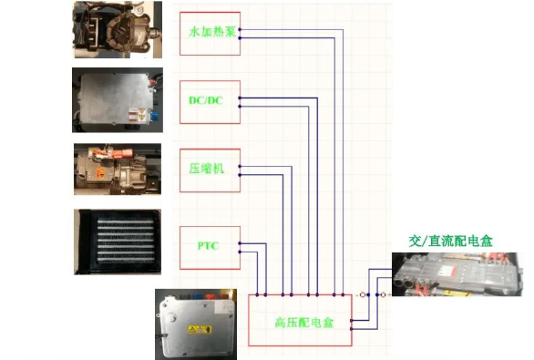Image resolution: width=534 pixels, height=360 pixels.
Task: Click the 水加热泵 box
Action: (210, 33)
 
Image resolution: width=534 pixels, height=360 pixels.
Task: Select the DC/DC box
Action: (210, 101)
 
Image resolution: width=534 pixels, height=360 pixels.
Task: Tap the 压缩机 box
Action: (210, 170)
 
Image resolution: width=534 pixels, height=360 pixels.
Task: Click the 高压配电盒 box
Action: (300, 322)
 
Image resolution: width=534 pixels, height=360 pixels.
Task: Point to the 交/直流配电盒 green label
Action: (450, 241)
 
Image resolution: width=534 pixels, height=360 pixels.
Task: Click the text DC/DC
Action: (205, 100)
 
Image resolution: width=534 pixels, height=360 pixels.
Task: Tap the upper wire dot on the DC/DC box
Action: (241, 96)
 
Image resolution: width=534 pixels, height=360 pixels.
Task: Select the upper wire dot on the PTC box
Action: (241, 242)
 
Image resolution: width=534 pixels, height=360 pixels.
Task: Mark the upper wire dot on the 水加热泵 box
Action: (241, 28)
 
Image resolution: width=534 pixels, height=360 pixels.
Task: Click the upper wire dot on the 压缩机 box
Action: (241, 166)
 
